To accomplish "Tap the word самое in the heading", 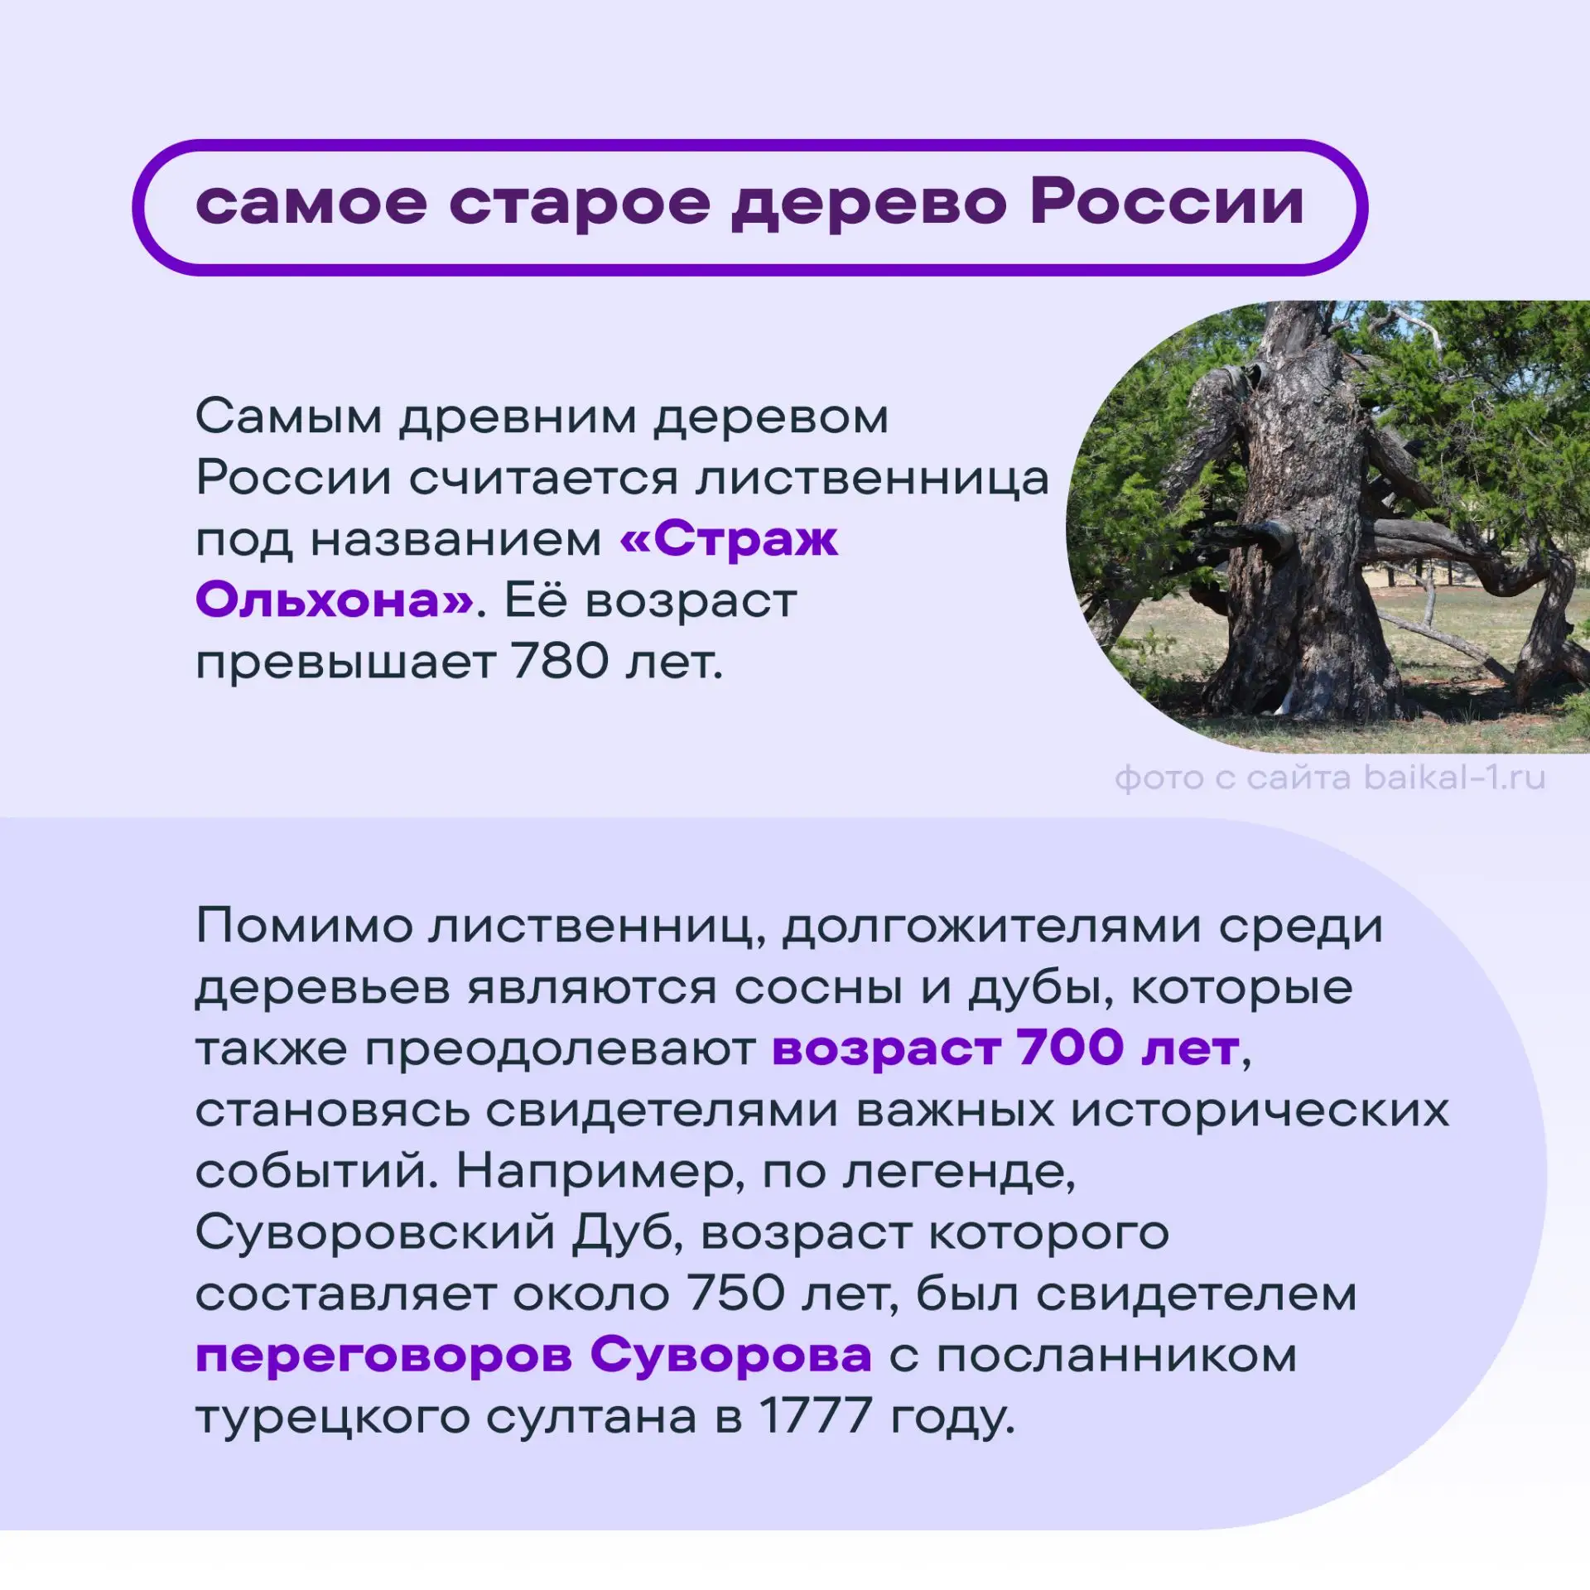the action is (x=311, y=205).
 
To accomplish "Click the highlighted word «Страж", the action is (x=729, y=539).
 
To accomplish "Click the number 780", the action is (x=560, y=662).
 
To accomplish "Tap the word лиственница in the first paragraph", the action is (x=871, y=479).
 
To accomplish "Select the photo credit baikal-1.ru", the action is (x=1454, y=778).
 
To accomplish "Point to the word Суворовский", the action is (x=375, y=1232).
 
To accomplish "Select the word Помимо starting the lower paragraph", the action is (x=305, y=926).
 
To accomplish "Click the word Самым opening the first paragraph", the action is (x=289, y=417).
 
